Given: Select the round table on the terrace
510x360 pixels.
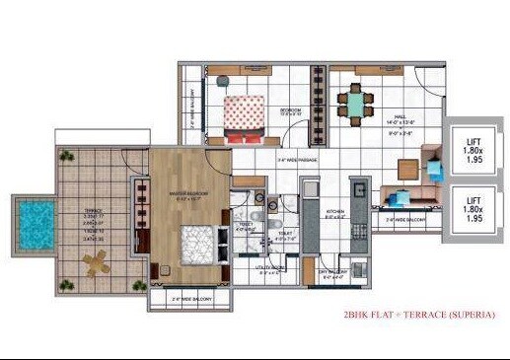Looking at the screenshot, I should (x=94, y=262).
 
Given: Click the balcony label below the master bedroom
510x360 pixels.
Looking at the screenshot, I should (x=186, y=298).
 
